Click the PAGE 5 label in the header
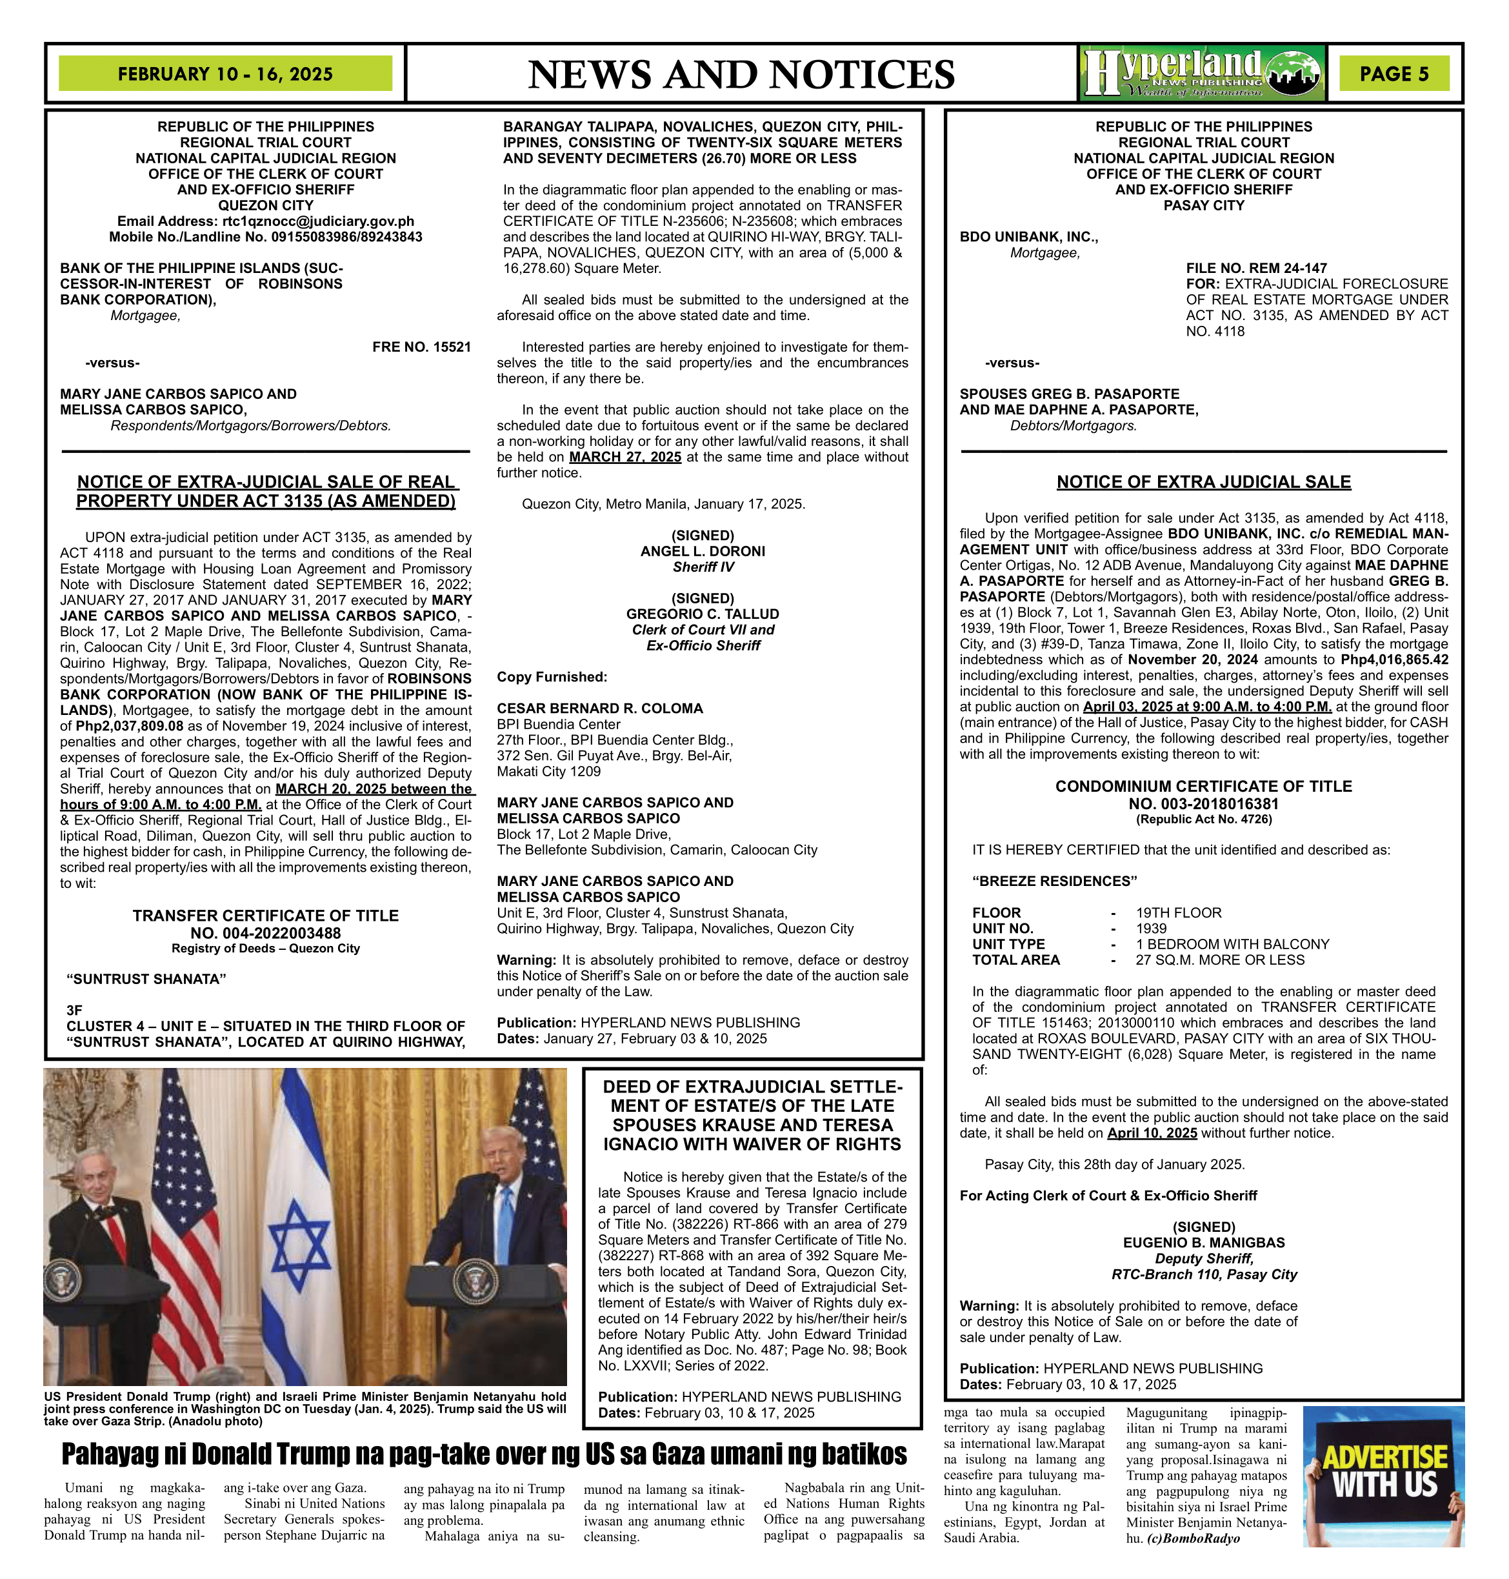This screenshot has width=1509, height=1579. (1394, 74)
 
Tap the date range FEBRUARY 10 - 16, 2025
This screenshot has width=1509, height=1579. (225, 74)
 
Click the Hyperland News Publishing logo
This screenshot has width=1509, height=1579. (1202, 73)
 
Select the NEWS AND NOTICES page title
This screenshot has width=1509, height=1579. (741, 75)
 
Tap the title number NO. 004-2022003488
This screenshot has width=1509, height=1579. (265, 933)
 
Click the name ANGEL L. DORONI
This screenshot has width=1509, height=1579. (702, 551)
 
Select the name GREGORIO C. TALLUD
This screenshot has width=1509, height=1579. (702, 614)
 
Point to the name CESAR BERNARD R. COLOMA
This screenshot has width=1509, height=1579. (599, 708)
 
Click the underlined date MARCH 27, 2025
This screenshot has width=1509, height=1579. (625, 457)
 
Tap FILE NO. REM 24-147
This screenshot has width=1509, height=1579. (1257, 268)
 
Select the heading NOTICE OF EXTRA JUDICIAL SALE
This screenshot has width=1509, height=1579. (1203, 482)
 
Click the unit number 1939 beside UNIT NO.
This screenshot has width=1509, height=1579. (1151, 929)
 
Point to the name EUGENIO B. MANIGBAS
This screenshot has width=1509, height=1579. (1203, 1243)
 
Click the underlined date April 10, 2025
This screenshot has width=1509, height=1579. (1152, 1132)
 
